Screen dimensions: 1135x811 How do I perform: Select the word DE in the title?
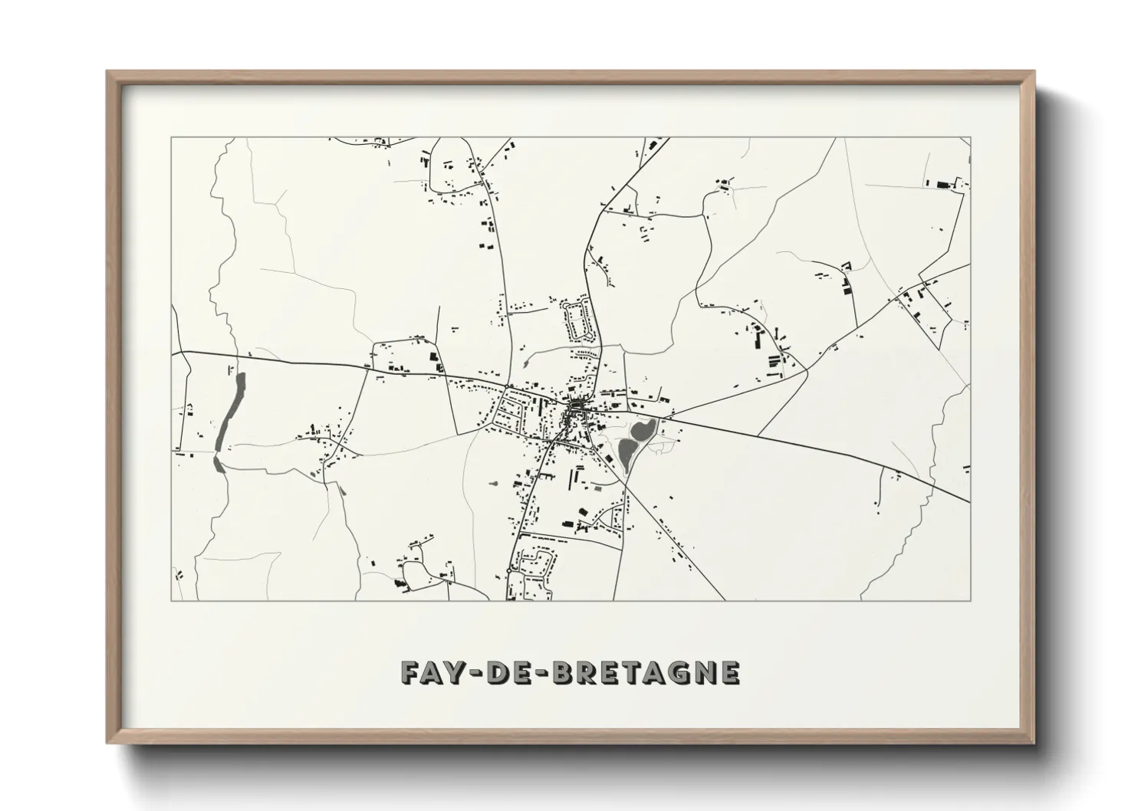[505, 672]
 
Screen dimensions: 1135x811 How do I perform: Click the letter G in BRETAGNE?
[679, 672]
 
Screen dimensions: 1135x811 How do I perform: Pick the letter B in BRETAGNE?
[564, 672]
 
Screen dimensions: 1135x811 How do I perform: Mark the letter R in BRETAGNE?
[587, 672]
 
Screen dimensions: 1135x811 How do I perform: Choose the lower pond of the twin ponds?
[627, 453]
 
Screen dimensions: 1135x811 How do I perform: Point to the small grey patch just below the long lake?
[219, 463]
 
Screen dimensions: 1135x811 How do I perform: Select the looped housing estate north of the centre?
[577, 320]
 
